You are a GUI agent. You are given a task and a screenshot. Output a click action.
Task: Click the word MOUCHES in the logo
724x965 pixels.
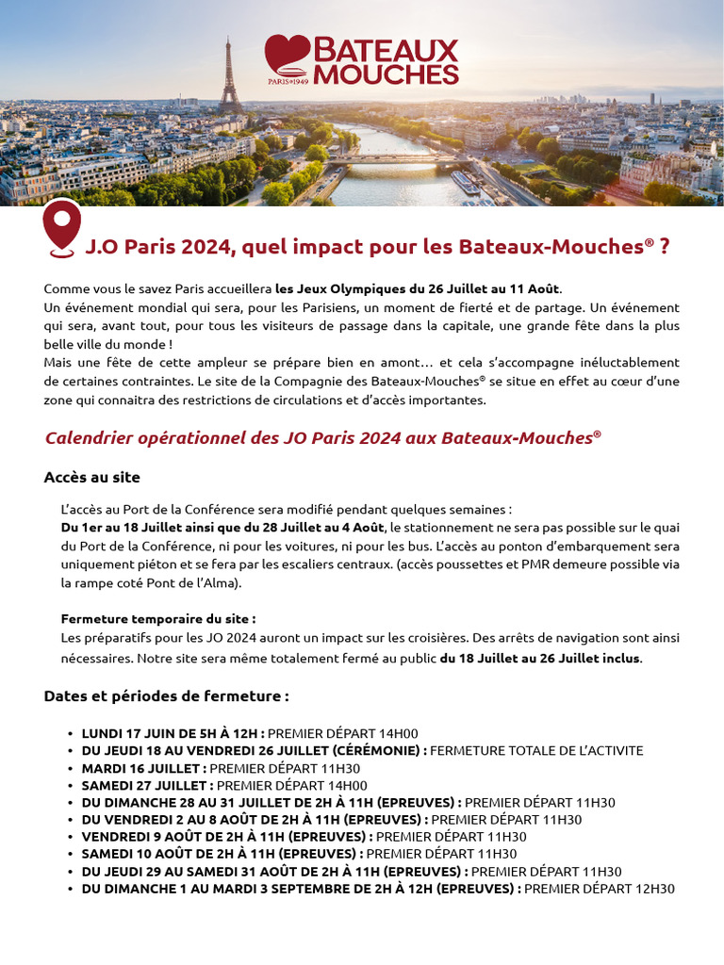(x=386, y=74)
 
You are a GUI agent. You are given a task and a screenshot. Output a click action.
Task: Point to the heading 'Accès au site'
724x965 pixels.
(x=91, y=478)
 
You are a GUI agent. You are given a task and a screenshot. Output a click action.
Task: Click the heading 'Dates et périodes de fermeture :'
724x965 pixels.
(x=166, y=696)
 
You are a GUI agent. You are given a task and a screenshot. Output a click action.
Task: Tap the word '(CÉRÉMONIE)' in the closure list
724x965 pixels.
(x=378, y=750)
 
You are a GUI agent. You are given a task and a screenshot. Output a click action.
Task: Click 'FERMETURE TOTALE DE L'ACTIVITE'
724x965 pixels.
(x=536, y=750)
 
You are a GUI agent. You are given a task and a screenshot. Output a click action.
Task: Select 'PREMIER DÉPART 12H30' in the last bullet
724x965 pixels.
(x=599, y=889)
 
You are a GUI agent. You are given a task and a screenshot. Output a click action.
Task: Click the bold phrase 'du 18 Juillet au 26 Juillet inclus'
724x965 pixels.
(x=540, y=658)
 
